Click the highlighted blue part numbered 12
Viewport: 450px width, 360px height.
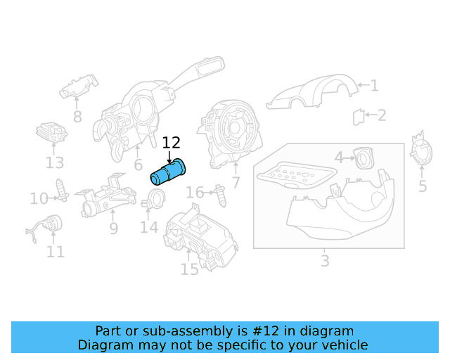169,172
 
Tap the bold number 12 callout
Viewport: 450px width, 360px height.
171,143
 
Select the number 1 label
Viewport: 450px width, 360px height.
374,86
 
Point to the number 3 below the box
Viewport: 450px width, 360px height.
324,262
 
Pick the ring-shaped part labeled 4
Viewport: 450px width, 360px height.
364,158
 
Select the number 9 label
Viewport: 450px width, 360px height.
113,229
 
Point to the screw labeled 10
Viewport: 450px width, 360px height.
62,190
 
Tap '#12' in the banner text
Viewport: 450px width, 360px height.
276,330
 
